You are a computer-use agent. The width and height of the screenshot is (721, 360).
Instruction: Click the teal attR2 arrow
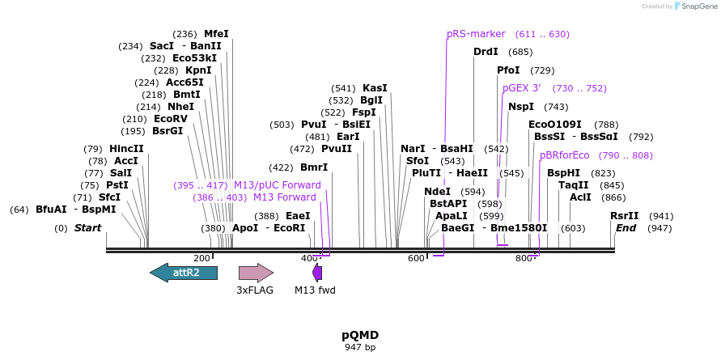[184, 273]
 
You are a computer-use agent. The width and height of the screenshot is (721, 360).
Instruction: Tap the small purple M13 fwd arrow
[317, 273]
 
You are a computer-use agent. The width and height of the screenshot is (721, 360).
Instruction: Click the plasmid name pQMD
[360, 335]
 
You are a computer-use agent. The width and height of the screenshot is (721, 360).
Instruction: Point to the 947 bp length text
[360, 347]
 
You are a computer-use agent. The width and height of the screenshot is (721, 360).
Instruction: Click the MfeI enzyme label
[216, 34]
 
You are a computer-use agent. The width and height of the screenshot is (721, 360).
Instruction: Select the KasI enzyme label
[375, 88]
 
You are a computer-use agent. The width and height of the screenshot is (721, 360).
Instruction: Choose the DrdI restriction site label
[486, 52]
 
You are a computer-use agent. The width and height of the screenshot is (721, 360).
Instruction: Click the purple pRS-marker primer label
[476, 34]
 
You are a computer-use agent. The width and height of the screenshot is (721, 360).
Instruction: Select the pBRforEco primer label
[564, 155]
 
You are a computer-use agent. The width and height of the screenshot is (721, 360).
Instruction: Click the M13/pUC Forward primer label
[277, 185]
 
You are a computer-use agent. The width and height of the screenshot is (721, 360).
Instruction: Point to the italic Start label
[87, 228]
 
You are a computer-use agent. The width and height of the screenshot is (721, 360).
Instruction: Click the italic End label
[626, 228]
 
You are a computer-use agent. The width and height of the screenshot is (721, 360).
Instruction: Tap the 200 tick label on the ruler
[202, 258]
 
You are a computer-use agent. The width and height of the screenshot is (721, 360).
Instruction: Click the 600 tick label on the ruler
[416, 258]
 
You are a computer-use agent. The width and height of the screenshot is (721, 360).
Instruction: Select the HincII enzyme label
[126, 149]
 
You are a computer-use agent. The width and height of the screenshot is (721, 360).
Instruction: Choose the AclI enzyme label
[580, 197]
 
